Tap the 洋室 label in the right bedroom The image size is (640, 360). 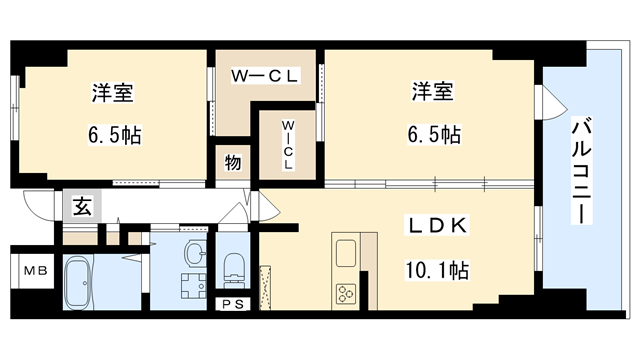pos(431,93)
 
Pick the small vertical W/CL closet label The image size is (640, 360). pos(287,144)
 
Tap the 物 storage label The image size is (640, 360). pos(232,163)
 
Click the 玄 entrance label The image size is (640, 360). pos(79,209)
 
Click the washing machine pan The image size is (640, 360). pos(190,285)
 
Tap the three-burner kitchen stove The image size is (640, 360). pos(345,293)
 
